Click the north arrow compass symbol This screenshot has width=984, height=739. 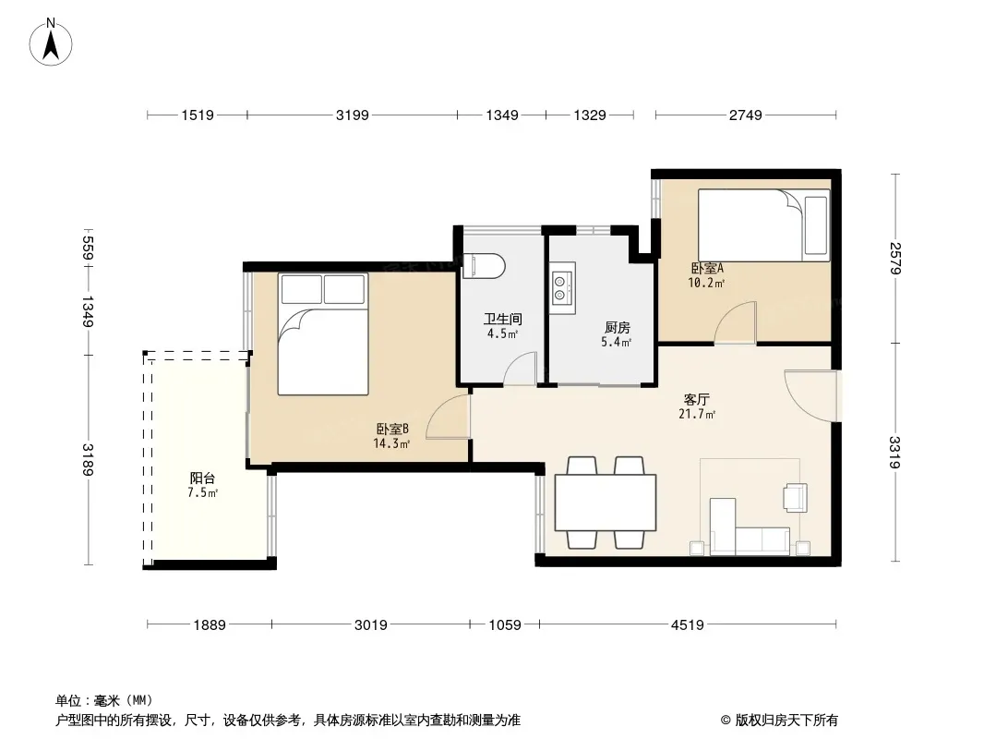[x=51, y=42]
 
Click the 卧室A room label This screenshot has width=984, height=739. [x=707, y=269]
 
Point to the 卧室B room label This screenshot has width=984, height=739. [x=392, y=430]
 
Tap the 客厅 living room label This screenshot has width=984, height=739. [x=697, y=399]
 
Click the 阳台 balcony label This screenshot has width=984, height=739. [x=202, y=479]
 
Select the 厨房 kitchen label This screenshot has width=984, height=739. [x=617, y=328]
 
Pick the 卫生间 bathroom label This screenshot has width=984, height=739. [x=503, y=320]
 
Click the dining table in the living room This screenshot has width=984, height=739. [x=606, y=503]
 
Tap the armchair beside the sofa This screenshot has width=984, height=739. [x=795, y=497]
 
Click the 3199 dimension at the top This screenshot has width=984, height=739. [x=352, y=115]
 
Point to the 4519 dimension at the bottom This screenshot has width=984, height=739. [x=687, y=624]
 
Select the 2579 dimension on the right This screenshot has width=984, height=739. [x=894, y=258]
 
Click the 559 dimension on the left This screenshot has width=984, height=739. [x=88, y=248]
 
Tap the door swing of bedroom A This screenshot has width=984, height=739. [x=735, y=322]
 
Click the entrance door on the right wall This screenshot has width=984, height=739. [x=810, y=396]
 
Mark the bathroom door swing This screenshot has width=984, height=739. [x=521, y=369]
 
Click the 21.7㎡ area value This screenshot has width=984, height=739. [x=697, y=415]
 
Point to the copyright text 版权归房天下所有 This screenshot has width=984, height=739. [x=786, y=721]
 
